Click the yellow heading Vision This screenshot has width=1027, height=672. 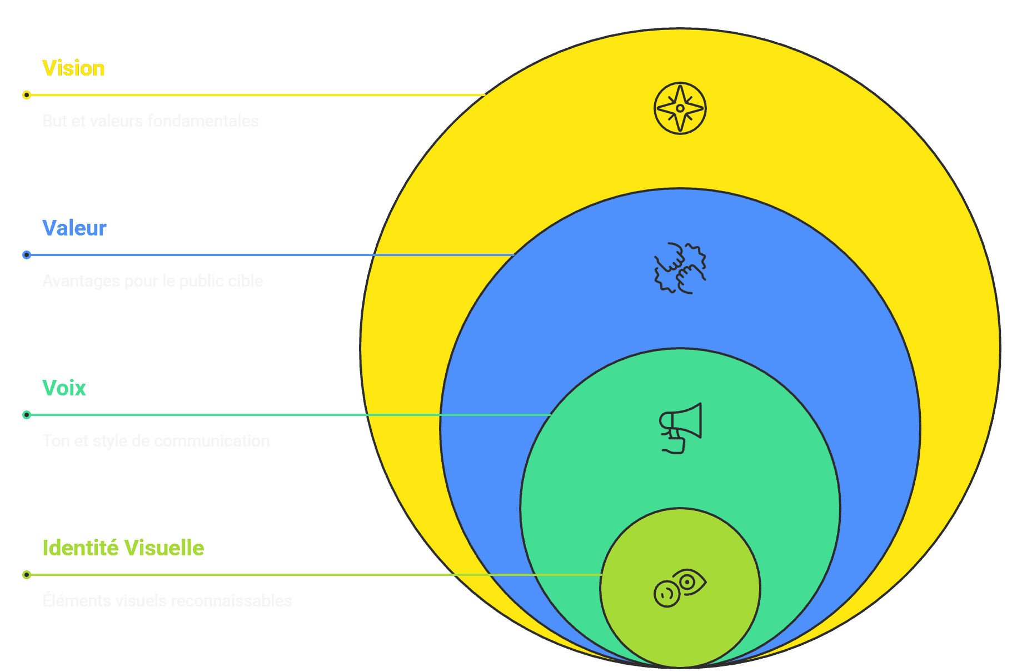(x=73, y=68)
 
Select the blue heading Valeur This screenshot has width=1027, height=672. (x=74, y=228)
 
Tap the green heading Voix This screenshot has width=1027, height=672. (x=64, y=388)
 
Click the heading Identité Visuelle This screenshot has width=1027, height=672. (x=123, y=548)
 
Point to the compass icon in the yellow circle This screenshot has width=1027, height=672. (x=680, y=108)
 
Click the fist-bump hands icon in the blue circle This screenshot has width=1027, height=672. (x=680, y=268)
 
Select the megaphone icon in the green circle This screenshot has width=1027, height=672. (x=680, y=428)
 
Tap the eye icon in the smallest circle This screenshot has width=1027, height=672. (x=680, y=588)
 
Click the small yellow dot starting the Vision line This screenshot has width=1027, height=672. (x=27, y=95)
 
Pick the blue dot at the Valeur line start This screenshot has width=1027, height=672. (x=27, y=255)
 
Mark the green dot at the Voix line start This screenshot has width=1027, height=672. (x=27, y=415)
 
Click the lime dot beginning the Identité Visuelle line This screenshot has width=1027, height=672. (x=27, y=575)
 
